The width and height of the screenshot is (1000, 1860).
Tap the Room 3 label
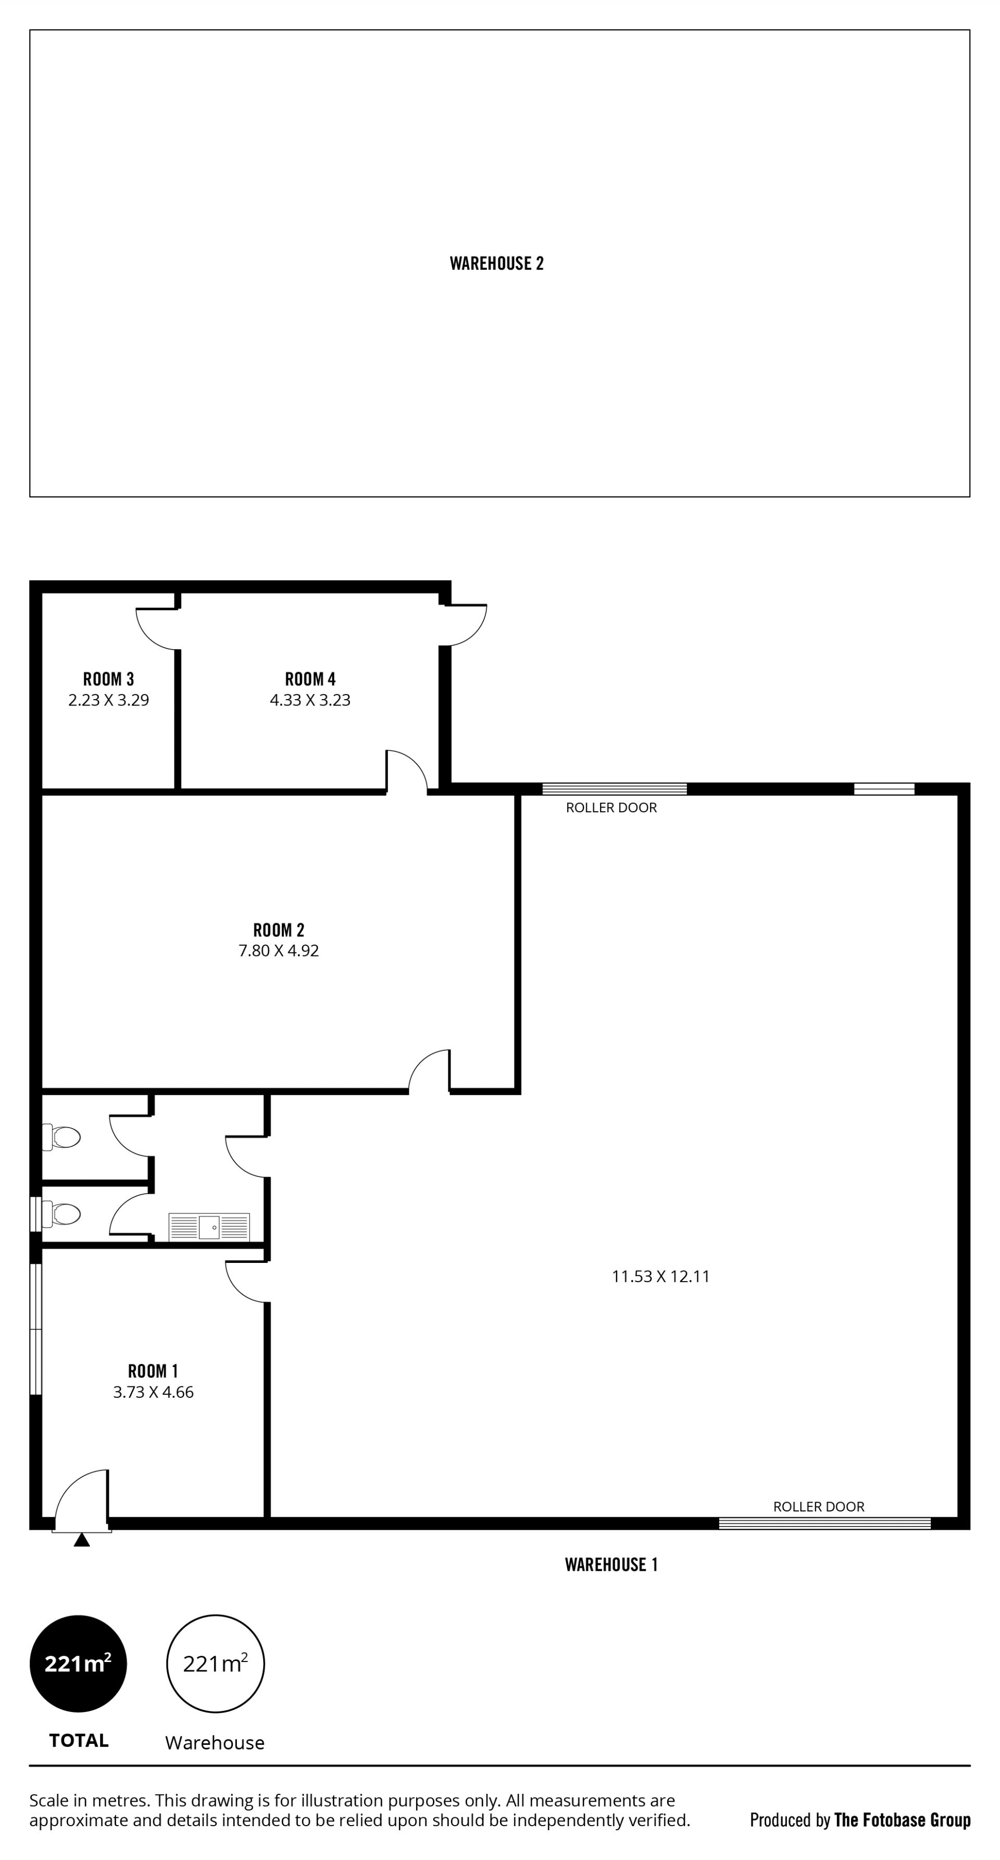click(108, 679)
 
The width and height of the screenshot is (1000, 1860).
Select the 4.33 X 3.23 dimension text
click(310, 700)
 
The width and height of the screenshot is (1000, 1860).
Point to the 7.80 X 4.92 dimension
click(279, 950)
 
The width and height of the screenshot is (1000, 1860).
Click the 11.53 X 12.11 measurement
click(660, 1276)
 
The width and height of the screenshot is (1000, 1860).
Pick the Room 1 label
click(153, 1370)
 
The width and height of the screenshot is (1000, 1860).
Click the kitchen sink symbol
click(209, 1227)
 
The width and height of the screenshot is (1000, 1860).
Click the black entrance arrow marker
click(82, 1540)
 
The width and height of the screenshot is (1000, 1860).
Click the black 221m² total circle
click(78, 1664)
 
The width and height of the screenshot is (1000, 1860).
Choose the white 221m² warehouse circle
click(215, 1664)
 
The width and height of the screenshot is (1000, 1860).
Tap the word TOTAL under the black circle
click(79, 1740)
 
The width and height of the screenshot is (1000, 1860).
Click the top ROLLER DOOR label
click(611, 807)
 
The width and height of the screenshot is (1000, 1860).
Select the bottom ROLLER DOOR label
click(818, 1506)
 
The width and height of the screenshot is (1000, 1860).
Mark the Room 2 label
click(279, 930)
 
